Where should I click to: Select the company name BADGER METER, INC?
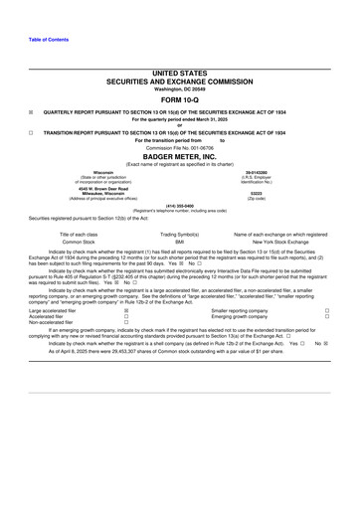tap(179, 155)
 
